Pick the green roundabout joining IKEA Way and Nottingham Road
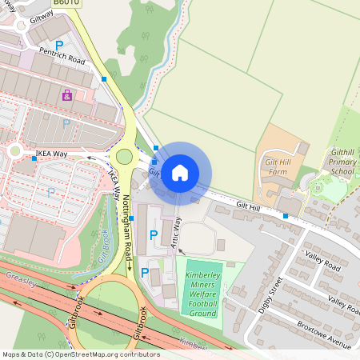pyautogui.click(x=124, y=157)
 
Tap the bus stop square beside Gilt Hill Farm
pyautogui.click(x=285, y=215)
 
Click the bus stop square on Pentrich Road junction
pyautogui.click(x=104, y=79)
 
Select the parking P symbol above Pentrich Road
pyautogui.click(x=58, y=45)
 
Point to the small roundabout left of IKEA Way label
pyautogui.click(x=14, y=150)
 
